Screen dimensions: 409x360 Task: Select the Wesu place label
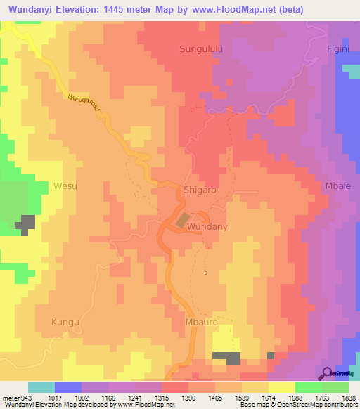(x=65, y=186)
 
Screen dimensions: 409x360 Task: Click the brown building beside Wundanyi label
(x=182, y=220)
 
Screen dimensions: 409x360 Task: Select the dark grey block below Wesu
(x=26, y=224)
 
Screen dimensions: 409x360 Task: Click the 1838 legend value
(x=349, y=398)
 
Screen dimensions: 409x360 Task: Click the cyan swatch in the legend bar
(x=41, y=387)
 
